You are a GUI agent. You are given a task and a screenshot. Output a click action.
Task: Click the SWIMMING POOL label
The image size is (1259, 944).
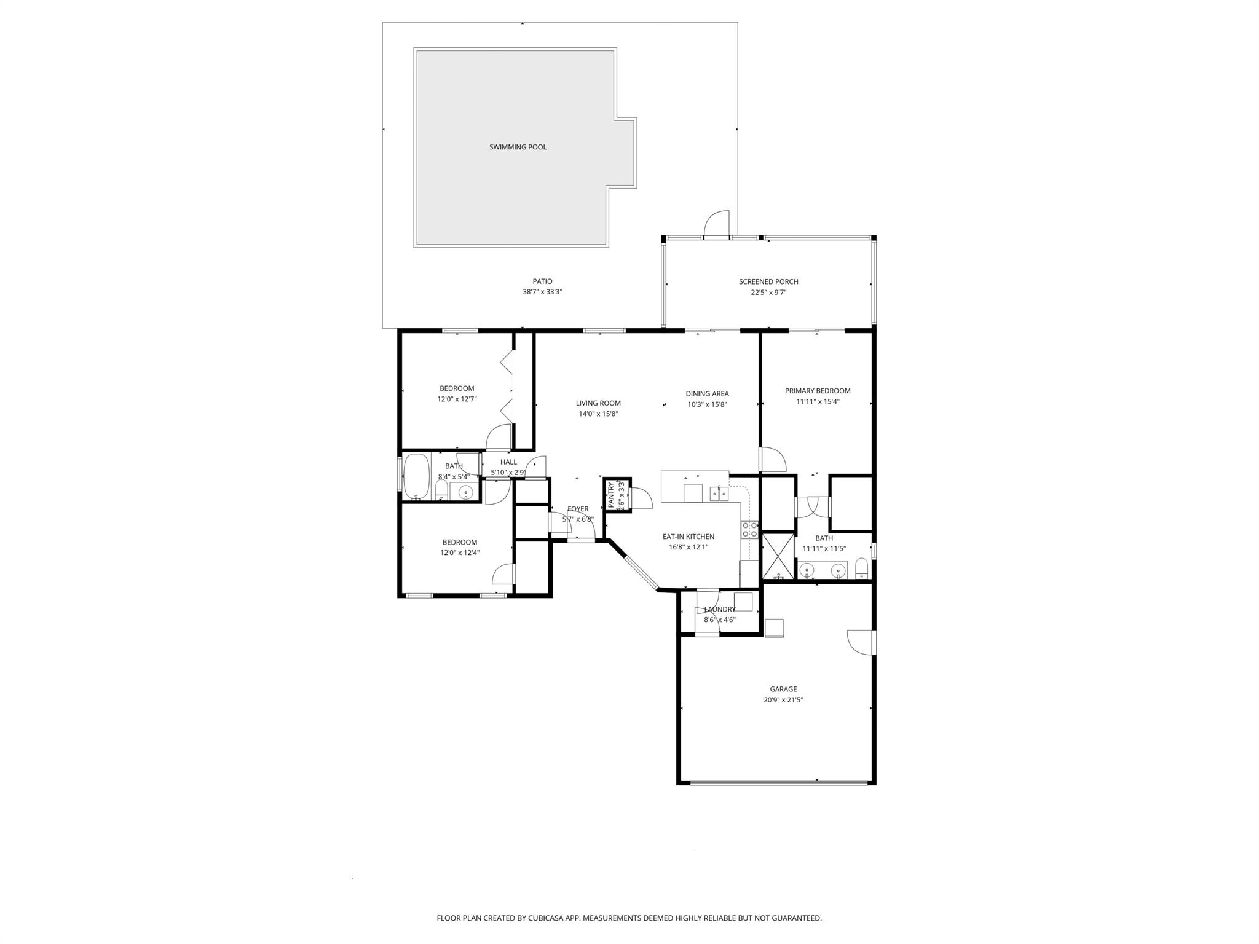(518, 147)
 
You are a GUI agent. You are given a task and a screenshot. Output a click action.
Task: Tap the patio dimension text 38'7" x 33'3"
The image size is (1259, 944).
(542, 293)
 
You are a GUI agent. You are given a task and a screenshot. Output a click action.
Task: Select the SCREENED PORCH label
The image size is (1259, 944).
(768, 281)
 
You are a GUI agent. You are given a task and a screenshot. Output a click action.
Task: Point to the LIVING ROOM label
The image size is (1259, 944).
(598, 403)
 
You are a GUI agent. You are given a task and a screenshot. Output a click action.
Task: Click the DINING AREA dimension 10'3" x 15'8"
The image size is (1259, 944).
(707, 404)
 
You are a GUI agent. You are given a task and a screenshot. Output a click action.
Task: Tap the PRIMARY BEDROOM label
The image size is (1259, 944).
(818, 391)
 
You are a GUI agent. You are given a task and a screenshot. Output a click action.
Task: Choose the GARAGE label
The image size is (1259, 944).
(783, 689)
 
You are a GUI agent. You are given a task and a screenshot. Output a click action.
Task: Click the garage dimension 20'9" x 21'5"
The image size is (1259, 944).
(783, 700)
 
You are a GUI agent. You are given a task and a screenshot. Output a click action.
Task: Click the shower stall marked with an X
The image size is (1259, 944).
(778, 557)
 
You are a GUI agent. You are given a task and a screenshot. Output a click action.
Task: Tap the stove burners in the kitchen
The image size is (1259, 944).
(749, 530)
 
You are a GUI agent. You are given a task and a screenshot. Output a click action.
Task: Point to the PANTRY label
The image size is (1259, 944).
(611, 495)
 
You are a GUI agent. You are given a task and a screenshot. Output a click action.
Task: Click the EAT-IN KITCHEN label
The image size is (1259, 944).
(688, 537)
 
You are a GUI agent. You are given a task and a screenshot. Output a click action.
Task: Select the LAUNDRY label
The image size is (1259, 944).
(720, 610)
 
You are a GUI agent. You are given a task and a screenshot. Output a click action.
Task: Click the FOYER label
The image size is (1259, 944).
(578, 509)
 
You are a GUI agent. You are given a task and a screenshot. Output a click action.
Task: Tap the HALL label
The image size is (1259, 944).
(508, 462)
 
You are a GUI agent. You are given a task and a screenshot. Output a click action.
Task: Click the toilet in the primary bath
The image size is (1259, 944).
(862, 569)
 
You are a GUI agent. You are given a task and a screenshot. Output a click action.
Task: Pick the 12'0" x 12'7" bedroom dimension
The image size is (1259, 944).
(457, 399)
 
